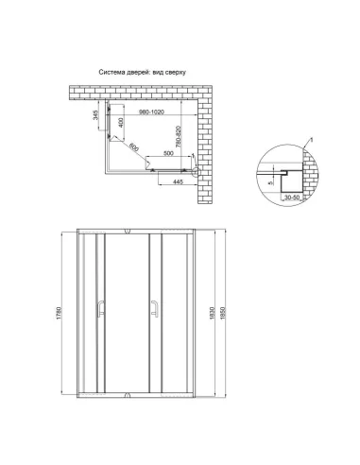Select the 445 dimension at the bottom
click(175, 182)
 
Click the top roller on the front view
click(127, 232)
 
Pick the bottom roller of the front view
click(127, 390)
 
